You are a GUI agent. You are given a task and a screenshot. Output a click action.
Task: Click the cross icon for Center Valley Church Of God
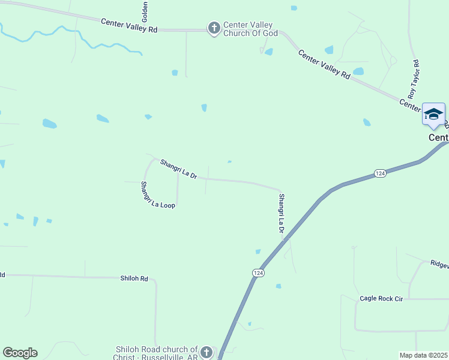214,28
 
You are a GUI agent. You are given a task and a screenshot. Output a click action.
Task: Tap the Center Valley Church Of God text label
250,29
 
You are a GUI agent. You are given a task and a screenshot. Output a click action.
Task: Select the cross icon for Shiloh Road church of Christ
206,352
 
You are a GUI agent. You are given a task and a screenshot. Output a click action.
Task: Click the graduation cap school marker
433,114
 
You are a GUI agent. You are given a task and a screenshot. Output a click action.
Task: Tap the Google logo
20,353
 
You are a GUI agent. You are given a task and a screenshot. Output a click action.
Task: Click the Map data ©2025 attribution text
424,355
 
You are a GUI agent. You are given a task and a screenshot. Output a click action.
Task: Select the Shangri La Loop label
157,195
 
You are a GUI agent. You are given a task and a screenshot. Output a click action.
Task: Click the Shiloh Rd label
134,278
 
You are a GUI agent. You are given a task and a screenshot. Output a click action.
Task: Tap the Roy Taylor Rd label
413,79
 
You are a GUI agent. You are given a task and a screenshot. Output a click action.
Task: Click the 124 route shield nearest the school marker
379,173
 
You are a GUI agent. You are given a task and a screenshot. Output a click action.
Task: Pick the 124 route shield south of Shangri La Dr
258,273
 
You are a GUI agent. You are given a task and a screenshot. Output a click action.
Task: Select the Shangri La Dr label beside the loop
178,168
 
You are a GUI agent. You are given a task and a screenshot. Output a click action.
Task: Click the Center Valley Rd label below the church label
324,65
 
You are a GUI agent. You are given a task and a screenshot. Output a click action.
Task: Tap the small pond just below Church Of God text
269,52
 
